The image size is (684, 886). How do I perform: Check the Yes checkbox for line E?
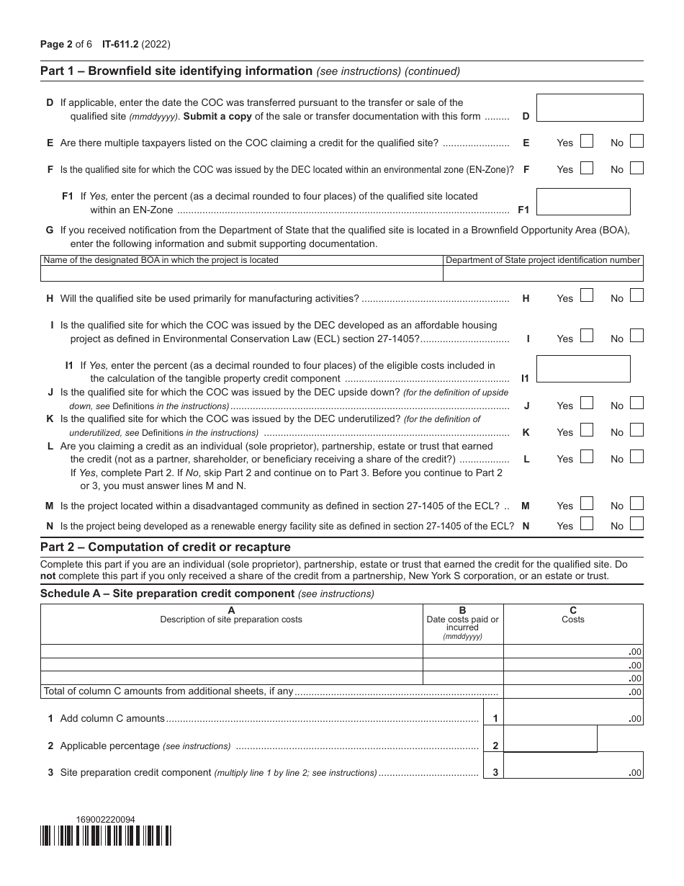pyautogui.click(x=587, y=141)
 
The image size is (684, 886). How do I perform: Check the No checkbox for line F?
pyautogui.click(x=636, y=168)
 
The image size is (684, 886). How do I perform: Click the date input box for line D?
pyautogui.click(x=590, y=107)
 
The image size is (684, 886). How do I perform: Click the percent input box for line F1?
pyautogui.click(x=583, y=202)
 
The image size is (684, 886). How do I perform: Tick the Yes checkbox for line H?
pyautogui.click(x=587, y=296)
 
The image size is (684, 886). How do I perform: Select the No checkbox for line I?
pyautogui.click(x=636, y=336)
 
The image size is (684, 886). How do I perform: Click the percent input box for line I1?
pyautogui.click(x=583, y=369)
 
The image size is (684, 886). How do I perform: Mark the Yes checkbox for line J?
pyautogui.click(x=587, y=403)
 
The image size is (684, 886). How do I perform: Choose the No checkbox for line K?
pyautogui.click(x=636, y=430)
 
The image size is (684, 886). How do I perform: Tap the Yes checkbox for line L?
pyautogui.click(x=587, y=457)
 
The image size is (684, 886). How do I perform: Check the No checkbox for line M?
pyautogui.click(x=636, y=504)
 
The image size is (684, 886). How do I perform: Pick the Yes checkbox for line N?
pyautogui.click(x=587, y=524)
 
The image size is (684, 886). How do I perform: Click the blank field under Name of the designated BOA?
pyautogui.click(x=241, y=274)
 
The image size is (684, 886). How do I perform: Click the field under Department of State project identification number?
pyautogui.click(x=543, y=274)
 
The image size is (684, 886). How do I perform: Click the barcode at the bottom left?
pyautogui.click(x=106, y=836)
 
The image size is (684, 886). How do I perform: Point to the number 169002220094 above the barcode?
pyautogui.click(x=105, y=820)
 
